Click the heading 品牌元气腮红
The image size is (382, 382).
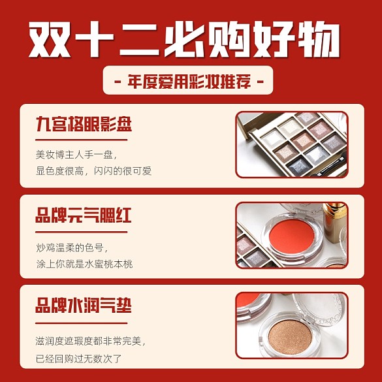84,215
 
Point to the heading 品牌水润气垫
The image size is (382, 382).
84,305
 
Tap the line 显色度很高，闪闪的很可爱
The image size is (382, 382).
94,172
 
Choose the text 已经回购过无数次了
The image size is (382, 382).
78,358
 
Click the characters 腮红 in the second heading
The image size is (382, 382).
116,215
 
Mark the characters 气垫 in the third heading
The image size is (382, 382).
116,305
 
